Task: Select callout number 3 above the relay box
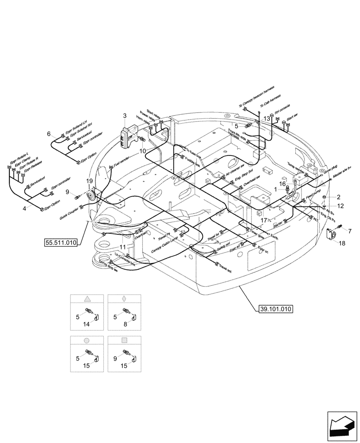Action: coord(125,116)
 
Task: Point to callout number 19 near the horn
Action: coord(90,181)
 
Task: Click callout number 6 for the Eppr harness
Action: coord(49,133)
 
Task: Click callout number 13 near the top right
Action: coord(266,119)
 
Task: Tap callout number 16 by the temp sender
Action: coord(282,183)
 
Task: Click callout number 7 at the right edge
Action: coord(349,231)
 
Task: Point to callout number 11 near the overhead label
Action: coord(123,247)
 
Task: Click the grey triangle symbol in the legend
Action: coord(87,299)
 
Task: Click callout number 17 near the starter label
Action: coord(263,220)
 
